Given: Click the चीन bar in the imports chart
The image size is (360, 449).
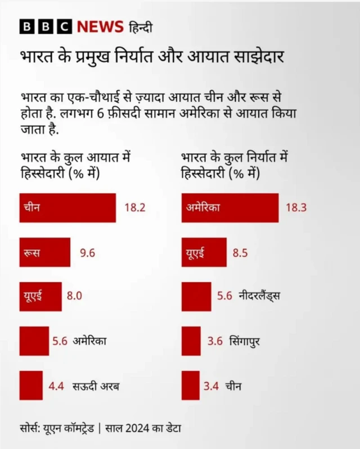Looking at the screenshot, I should coord(67,208).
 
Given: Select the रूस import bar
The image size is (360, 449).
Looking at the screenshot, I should coord(44,252).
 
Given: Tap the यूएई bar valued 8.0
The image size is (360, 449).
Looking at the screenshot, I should coord(40,296).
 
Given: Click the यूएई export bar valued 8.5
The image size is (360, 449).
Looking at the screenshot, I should coord(204,252).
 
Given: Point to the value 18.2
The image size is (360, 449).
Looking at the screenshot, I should coord(135,208).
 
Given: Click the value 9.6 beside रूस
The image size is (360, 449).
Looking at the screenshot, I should coord(87,253).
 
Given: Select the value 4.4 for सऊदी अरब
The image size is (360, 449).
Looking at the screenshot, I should coord(56,386).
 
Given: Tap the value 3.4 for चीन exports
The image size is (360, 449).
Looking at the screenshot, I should coord(211,386).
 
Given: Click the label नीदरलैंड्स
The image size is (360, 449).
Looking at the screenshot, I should coord(259,297).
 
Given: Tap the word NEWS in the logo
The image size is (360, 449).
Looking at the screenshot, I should coord(100,26).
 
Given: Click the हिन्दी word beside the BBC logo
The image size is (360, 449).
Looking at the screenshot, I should coord(141,27).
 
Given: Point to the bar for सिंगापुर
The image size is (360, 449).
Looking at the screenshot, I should coord(191,341).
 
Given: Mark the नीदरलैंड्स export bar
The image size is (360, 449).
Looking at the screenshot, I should coord(196,296).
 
